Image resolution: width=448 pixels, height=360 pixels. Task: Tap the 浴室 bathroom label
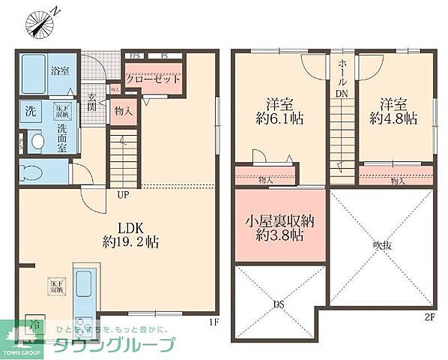(59, 70)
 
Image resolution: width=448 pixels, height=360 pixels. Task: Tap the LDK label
(125, 227)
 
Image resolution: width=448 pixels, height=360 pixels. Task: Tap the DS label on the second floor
(278, 304)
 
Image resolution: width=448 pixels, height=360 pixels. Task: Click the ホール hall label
(342, 72)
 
